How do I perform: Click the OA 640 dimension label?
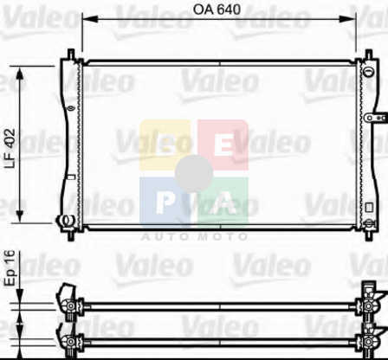pyautogui.click(x=217, y=10)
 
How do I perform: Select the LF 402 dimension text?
pyautogui.click(x=10, y=148)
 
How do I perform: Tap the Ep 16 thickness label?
pyautogui.click(x=10, y=268)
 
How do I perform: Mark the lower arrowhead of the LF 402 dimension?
pyautogui.click(x=20, y=215)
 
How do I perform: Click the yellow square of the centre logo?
pyautogui.click(x=165, y=145)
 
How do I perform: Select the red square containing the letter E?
pyautogui.click(x=223, y=145)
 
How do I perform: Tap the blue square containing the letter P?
pyautogui.click(x=165, y=202)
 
